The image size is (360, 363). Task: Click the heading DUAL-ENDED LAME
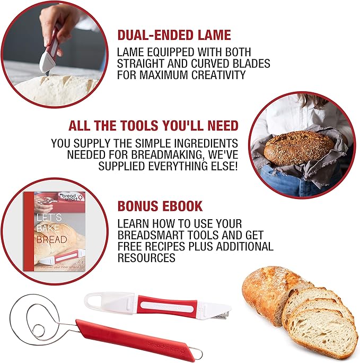click(174, 36)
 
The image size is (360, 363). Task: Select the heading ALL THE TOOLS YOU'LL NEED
click(153, 126)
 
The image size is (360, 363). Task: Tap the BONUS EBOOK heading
click(160, 206)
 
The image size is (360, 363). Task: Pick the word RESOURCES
click(146, 258)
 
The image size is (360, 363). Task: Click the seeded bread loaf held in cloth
click(298, 147)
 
